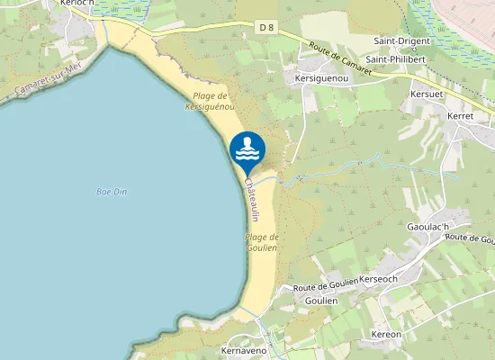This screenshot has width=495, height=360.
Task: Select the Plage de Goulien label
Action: point(262,241)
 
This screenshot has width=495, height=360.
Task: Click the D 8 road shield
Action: point(266,28)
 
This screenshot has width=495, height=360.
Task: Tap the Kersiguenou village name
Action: point(321,78)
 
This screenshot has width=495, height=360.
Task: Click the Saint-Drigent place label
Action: point(402,41)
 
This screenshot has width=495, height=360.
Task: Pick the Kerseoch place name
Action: point(378,280)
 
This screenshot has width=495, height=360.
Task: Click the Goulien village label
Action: point(321,301)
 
